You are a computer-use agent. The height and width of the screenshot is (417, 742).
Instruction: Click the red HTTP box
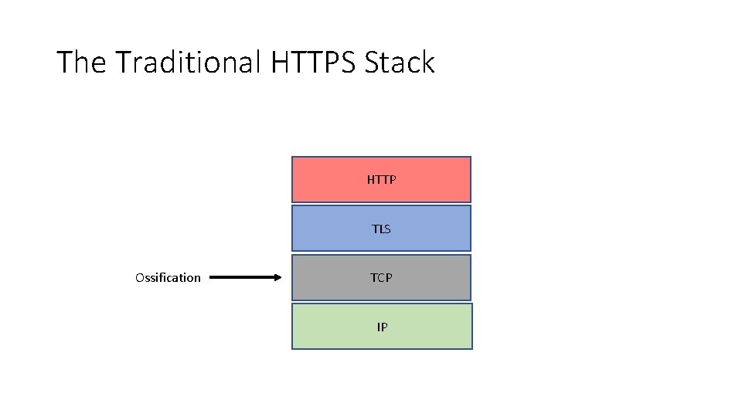(381, 179)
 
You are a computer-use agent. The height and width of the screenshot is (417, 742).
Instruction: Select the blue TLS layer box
(381, 229)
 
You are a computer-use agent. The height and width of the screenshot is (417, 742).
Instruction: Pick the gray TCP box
(381, 277)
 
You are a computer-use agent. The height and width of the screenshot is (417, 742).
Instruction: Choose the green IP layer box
(381, 327)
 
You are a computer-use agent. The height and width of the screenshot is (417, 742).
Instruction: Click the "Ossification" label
(168, 278)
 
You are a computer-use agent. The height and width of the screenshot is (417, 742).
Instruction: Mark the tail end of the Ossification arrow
(212, 277)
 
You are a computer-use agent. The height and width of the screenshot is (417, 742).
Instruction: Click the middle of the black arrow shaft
(243, 277)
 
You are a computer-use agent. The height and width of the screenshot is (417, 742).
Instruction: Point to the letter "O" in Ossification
(139, 278)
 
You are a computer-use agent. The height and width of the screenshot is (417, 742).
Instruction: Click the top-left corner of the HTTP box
(292, 158)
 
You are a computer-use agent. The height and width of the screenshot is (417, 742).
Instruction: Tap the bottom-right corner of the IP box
(471, 348)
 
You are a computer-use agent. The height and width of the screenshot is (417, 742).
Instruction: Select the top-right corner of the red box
(470, 158)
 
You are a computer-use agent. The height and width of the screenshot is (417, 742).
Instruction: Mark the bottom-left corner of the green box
(292, 348)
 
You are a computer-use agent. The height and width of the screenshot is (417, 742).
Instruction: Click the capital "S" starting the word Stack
(373, 63)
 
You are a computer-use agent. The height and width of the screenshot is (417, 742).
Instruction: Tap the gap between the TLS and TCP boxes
(381, 253)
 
